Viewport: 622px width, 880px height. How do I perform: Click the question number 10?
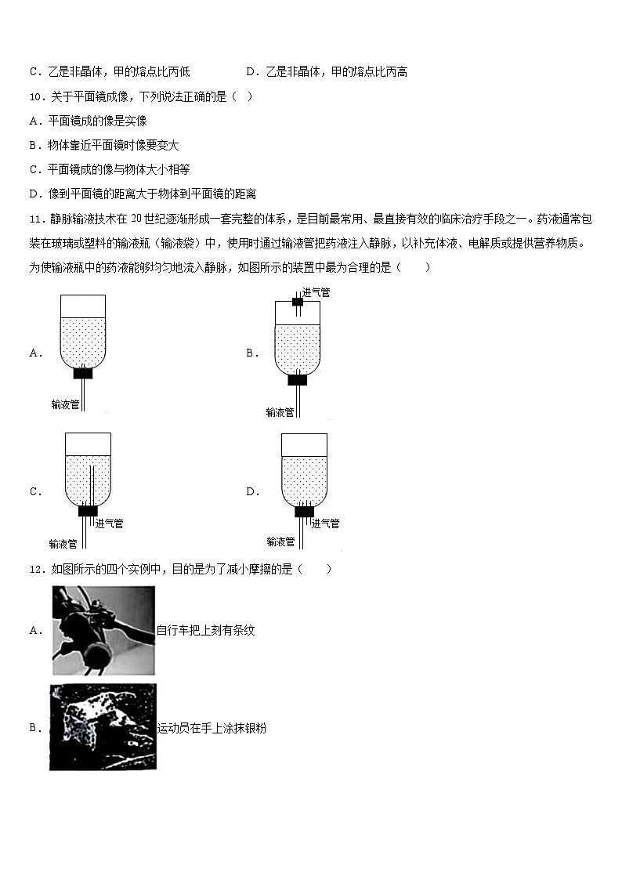click(x=36, y=96)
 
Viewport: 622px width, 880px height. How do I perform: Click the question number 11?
click(x=36, y=218)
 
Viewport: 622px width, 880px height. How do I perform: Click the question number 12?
click(x=36, y=569)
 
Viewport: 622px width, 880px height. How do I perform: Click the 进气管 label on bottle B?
click(x=316, y=292)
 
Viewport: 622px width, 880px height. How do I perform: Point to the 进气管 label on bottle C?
click(x=109, y=523)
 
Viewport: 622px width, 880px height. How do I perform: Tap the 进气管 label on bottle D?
click(x=325, y=523)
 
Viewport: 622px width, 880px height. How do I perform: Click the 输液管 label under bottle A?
click(x=64, y=404)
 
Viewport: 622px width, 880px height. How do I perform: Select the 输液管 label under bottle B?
click(x=280, y=412)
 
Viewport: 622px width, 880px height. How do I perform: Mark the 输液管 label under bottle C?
click(x=63, y=543)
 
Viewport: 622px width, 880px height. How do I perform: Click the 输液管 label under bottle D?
click(x=280, y=541)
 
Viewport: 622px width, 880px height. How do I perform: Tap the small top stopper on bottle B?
click(x=297, y=302)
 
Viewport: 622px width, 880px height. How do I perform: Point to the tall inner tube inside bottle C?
click(x=91, y=486)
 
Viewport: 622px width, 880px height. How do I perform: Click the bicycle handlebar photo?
click(x=103, y=630)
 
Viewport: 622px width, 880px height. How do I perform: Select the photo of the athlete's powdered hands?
click(x=103, y=727)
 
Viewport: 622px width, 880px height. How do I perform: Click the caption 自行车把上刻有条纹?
click(x=206, y=630)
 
